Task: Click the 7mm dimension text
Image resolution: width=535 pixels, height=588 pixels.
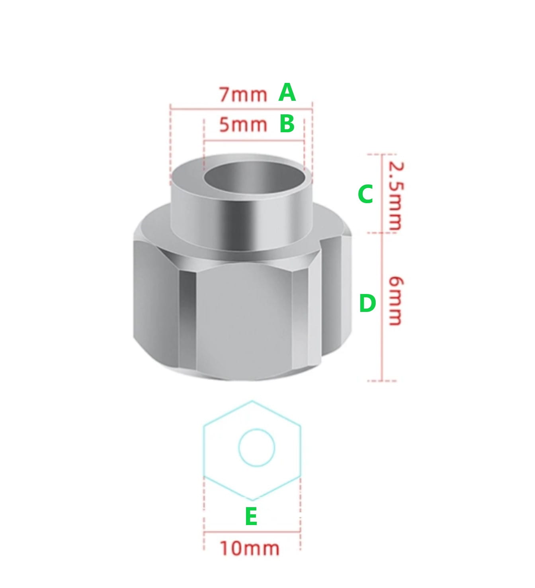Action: pos(243,95)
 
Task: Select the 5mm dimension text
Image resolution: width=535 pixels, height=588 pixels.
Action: pos(243,125)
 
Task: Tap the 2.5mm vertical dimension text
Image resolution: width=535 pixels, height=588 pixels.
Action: pos(396,196)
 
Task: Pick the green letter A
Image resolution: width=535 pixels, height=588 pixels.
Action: pos(287,92)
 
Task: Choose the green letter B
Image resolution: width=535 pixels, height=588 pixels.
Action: pos(287,124)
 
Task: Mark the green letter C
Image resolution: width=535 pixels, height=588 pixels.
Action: pos(365,194)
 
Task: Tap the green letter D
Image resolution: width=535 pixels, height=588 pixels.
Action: pos(367,304)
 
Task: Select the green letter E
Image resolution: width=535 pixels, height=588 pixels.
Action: pos(251,516)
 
